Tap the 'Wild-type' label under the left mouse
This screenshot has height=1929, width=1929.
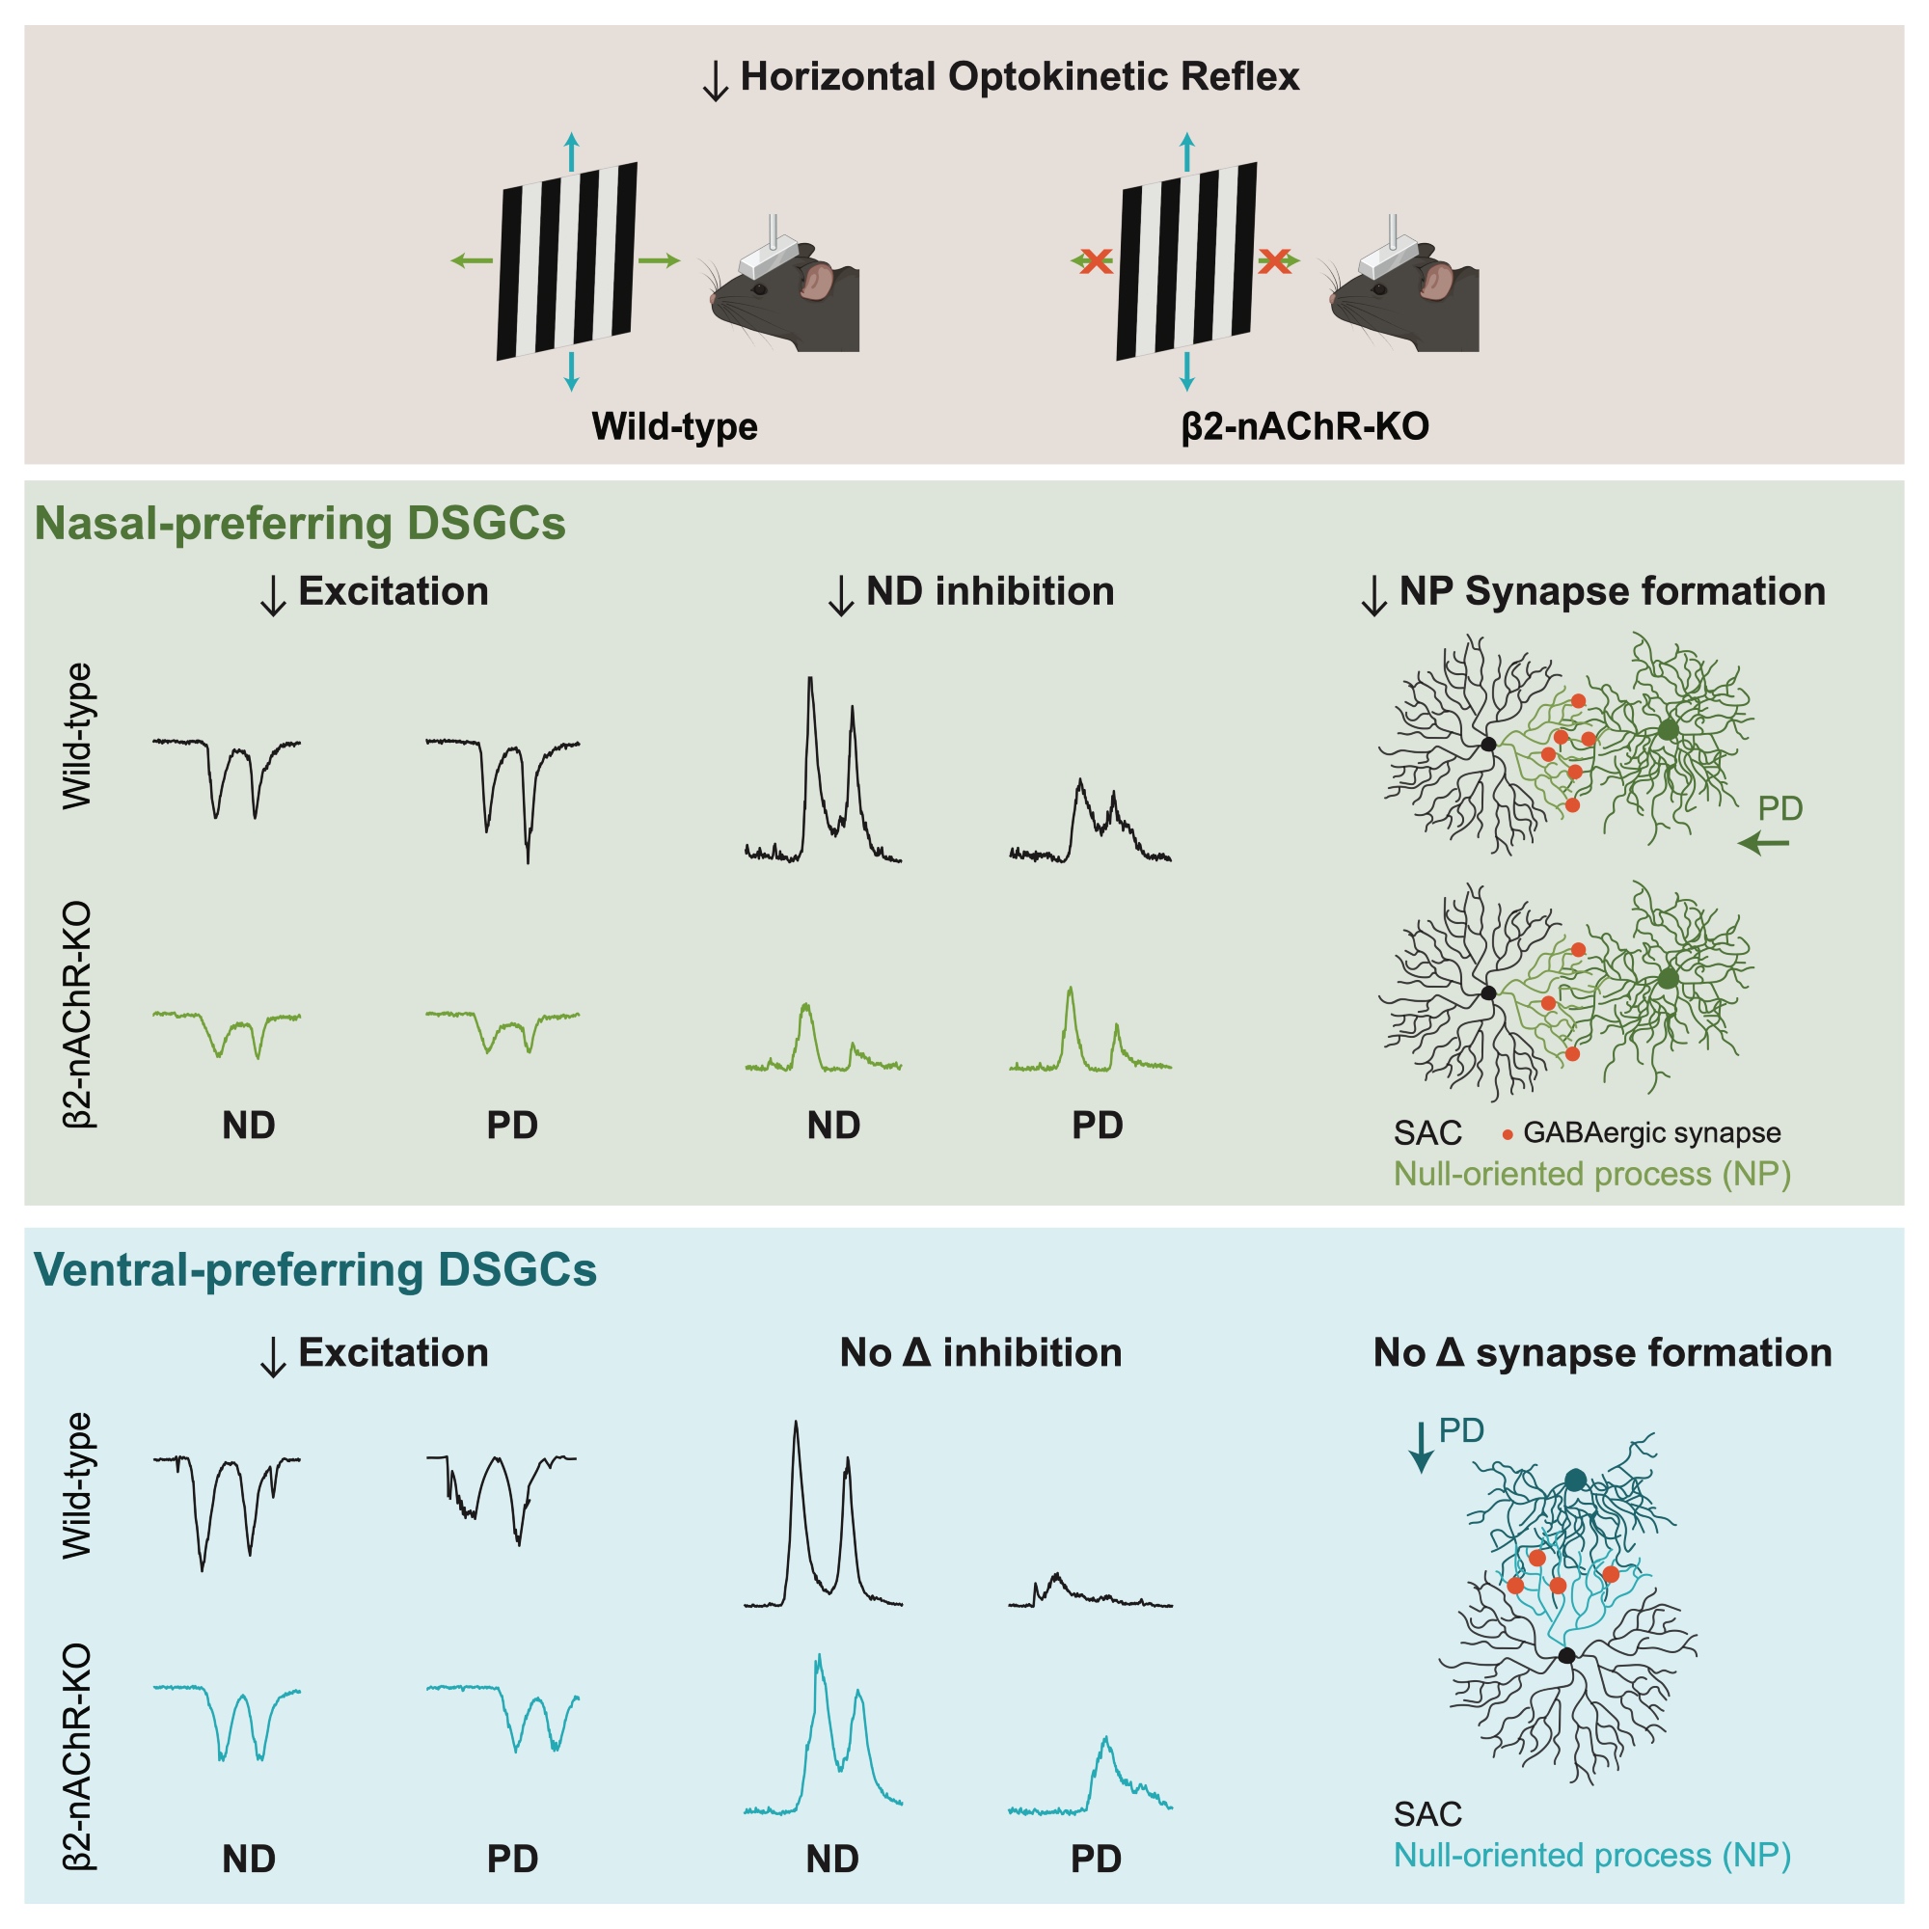[674, 426]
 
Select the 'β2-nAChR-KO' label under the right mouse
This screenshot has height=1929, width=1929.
[1305, 426]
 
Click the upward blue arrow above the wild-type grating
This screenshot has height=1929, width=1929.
[571, 149]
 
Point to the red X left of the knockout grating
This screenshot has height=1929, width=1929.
[1096, 261]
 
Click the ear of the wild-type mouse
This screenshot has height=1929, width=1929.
[816, 281]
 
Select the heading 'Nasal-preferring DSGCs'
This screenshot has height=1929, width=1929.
[300, 523]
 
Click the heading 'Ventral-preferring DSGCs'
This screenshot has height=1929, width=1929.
[315, 1270]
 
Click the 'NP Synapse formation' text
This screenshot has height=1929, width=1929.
[1612, 591]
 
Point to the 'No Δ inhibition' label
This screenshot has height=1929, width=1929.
[981, 1353]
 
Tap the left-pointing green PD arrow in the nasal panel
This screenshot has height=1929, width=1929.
[1763, 844]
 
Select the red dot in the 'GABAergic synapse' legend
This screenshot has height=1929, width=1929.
[1507, 1134]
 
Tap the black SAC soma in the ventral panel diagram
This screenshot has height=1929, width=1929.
[1566, 1655]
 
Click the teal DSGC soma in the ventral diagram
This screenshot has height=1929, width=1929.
[1575, 1480]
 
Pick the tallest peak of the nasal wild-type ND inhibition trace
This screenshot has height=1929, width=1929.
[810, 680]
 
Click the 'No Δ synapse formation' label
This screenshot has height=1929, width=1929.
[1601, 1353]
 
